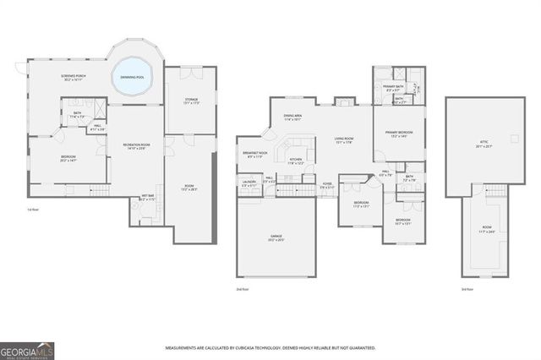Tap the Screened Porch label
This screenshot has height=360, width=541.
click(x=70, y=79)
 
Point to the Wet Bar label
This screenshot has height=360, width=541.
click(x=146, y=199)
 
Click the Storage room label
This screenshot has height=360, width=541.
click(x=192, y=101)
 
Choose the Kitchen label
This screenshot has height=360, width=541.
click(x=296, y=161)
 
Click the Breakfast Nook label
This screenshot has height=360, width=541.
click(x=254, y=154)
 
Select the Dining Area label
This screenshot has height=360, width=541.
click(x=292, y=119)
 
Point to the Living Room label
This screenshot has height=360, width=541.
click(x=343, y=140)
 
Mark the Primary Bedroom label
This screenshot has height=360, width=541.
click(x=398, y=134)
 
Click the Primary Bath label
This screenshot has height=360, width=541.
click(x=391, y=88)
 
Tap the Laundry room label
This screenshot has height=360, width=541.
click(x=249, y=181)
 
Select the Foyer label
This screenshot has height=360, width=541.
click(x=327, y=184)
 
